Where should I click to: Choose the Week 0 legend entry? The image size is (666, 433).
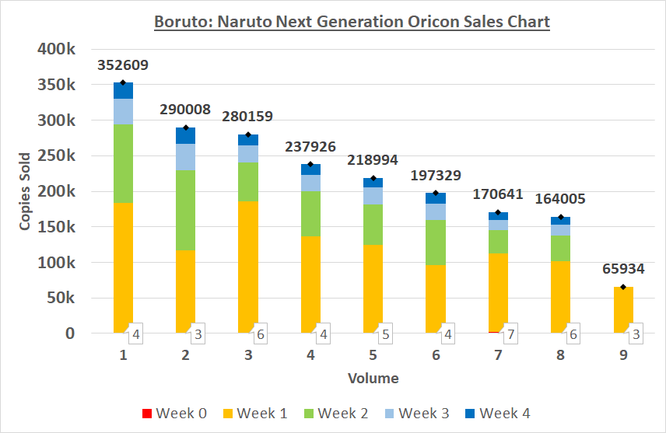(173, 413)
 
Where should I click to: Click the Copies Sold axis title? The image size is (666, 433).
(25, 191)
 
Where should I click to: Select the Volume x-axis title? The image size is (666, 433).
(373, 379)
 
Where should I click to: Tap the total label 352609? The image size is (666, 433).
(123, 65)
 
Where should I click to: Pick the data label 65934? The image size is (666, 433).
(623, 269)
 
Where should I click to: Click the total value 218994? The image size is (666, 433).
(373, 159)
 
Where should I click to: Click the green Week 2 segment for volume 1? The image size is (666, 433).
(123, 163)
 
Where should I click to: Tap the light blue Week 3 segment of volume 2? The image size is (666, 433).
(185, 157)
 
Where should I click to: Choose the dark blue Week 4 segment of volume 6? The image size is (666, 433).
(436, 198)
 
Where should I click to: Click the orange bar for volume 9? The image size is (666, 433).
(623, 309)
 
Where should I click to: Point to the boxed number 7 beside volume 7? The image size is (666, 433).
(510, 334)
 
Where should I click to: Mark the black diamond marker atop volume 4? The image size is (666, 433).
(310, 164)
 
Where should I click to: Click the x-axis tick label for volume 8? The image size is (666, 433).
(560, 355)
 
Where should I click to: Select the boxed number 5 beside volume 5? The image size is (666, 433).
(384, 334)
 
